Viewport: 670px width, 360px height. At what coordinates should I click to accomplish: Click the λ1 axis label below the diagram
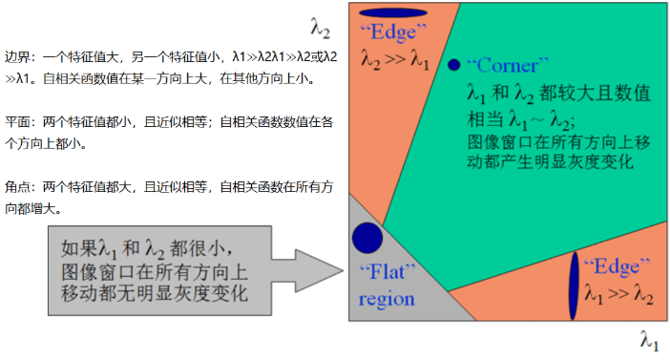pyautogui.click(x=649, y=339)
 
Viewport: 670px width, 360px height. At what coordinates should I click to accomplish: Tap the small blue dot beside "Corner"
pyautogui.click(x=454, y=65)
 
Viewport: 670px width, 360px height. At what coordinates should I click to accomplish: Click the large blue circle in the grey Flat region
pyautogui.click(x=367, y=237)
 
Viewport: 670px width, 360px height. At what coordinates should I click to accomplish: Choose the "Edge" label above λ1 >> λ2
pyautogui.click(x=617, y=265)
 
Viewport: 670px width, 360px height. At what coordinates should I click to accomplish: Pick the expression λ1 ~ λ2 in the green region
pyautogui.click(x=538, y=119)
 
